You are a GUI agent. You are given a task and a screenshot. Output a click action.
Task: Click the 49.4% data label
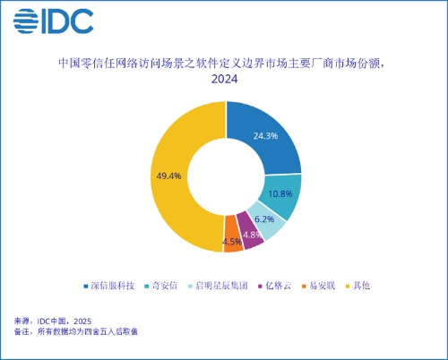point(170,176)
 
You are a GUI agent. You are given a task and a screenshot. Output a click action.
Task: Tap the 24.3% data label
point(265,136)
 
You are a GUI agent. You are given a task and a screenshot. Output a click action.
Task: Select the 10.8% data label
point(281,193)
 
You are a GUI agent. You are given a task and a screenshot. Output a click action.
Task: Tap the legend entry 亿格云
point(274,286)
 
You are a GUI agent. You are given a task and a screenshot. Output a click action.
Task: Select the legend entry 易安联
point(318,286)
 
